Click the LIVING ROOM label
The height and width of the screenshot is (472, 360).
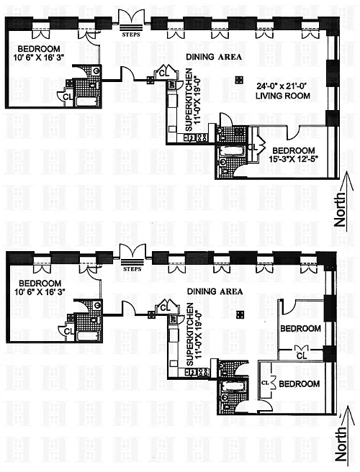coord(283,96)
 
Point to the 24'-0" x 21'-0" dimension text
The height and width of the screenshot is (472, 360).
coord(282,86)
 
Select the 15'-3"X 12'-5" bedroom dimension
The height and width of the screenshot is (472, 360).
coord(294,158)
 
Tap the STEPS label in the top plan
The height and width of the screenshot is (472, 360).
coord(131,35)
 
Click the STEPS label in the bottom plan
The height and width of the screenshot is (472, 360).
coord(132,269)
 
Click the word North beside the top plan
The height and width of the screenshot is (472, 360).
coord(340,209)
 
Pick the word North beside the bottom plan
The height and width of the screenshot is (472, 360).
coord(341,444)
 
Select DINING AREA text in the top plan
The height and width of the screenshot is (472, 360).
coord(214,57)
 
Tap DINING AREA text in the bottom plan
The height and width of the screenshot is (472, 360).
coord(215,291)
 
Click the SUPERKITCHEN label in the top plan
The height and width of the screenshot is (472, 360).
coord(189,100)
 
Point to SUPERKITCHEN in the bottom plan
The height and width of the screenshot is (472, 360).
coord(190,335)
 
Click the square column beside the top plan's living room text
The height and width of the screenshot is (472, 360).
coord(239,80)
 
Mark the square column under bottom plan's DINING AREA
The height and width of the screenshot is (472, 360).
coord(240,314)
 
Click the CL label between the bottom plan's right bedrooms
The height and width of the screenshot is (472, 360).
coord(302,356)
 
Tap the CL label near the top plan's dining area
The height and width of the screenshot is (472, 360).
coord(163,73)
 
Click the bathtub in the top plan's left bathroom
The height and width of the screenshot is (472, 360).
coord(88,101)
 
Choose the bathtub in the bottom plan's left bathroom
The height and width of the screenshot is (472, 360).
coord(89,336)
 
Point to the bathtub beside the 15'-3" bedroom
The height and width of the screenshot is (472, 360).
coord(232,151)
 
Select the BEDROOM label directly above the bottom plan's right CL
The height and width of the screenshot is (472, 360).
coord(300,328)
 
